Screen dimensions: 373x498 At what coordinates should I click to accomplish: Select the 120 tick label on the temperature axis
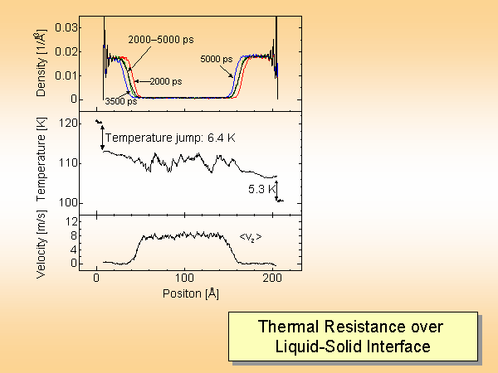tap(71, 124)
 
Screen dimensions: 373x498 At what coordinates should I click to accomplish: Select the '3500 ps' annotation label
tap(121, 101)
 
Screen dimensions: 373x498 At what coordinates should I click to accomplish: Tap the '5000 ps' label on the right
tap(217, 59)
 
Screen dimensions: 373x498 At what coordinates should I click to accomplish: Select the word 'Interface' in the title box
tap(399, 346)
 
